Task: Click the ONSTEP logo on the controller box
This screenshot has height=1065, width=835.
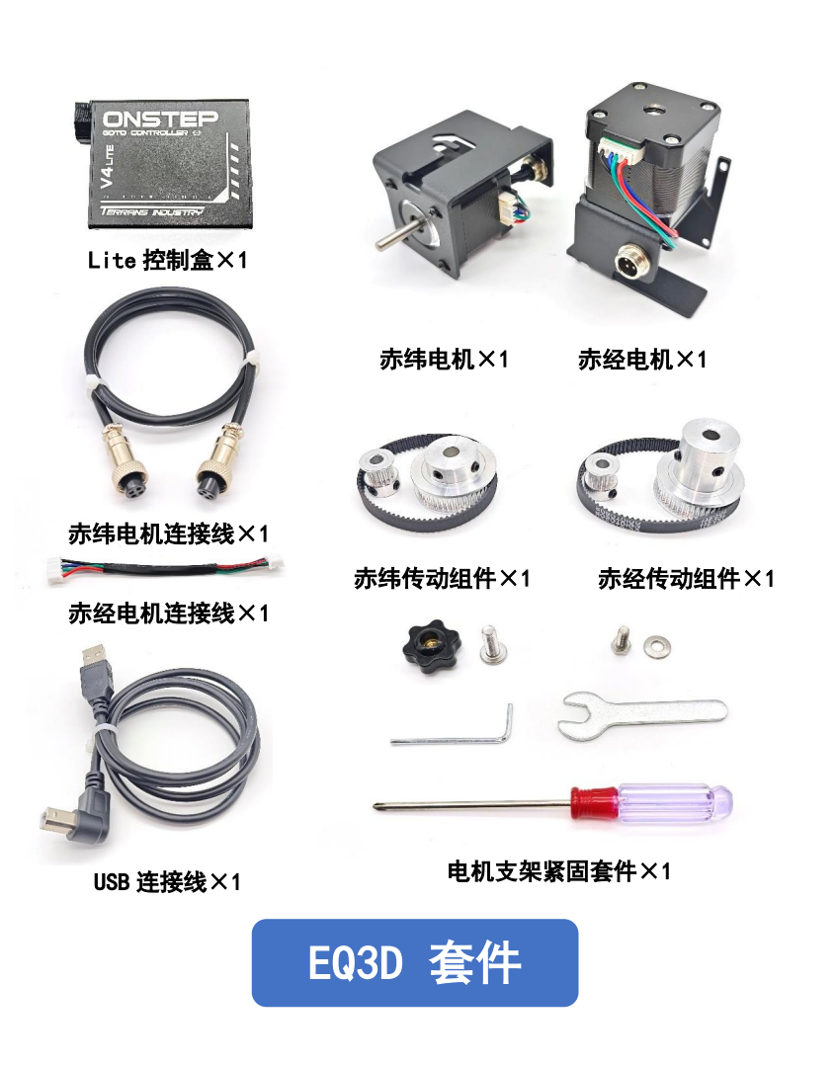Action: click(160, 119)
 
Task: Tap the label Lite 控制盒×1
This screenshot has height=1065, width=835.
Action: click(167, 260)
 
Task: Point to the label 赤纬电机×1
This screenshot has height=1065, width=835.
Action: click(444, 360)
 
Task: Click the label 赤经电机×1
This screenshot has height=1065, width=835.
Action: click(642, 360)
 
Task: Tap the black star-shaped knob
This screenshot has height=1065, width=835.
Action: click(431, 649)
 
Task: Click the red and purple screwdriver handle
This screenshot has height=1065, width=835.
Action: click(651, 803)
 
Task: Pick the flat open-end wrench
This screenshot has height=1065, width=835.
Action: click(642, 715)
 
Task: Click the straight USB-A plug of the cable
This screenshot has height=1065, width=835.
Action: click(95, 672)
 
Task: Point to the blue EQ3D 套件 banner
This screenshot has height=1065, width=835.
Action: click(414, 962)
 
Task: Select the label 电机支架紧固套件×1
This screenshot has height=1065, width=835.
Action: click(558, 871)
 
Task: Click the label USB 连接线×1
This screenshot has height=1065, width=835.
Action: click(167, 882)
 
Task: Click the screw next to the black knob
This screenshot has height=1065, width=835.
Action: click(490, 643)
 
